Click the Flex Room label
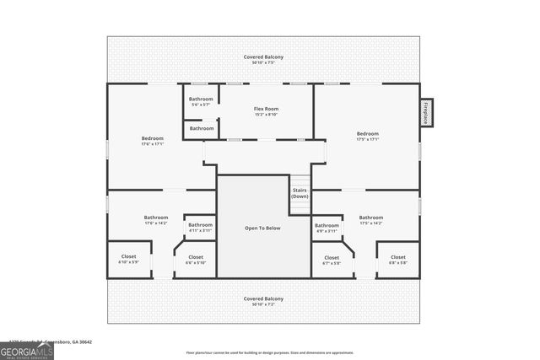click(266, 111)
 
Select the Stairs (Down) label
click(300, 193)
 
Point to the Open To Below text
click(263, 228)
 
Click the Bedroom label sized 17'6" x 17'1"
click(152, 141)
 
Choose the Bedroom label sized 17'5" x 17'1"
click(367, 136)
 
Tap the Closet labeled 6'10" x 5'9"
click(128, 259)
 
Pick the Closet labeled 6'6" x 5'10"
click(195, 259)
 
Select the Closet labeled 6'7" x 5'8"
click(332, 260)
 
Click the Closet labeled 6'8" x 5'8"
click(397, 260)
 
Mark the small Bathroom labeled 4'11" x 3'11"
click(200, 227)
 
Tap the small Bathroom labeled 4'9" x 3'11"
click(327, 228)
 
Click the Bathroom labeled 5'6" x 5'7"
click(201, 101)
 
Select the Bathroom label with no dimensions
click(201, 128)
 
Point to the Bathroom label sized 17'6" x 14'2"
click(156, 220)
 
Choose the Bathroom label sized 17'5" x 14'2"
click(370, 220)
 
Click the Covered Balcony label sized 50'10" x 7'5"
click(263, 59)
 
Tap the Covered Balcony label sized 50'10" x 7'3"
click(263, 301)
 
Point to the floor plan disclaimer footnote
click(270, 352)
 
